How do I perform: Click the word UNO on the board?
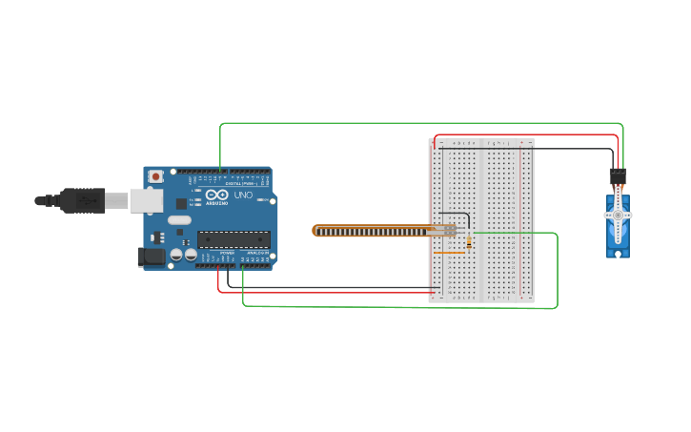coord(243,195)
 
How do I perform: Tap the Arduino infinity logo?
coord(216,195)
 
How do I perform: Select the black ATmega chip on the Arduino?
coord(234,239)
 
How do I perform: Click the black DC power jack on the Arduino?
coord(150,256)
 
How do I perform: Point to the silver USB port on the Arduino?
coord(146,199)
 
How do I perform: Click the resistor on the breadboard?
coord(469,242)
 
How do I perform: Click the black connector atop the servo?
coord(618,176)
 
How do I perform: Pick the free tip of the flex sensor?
coord(316,230)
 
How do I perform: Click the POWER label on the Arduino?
coord(227,254)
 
